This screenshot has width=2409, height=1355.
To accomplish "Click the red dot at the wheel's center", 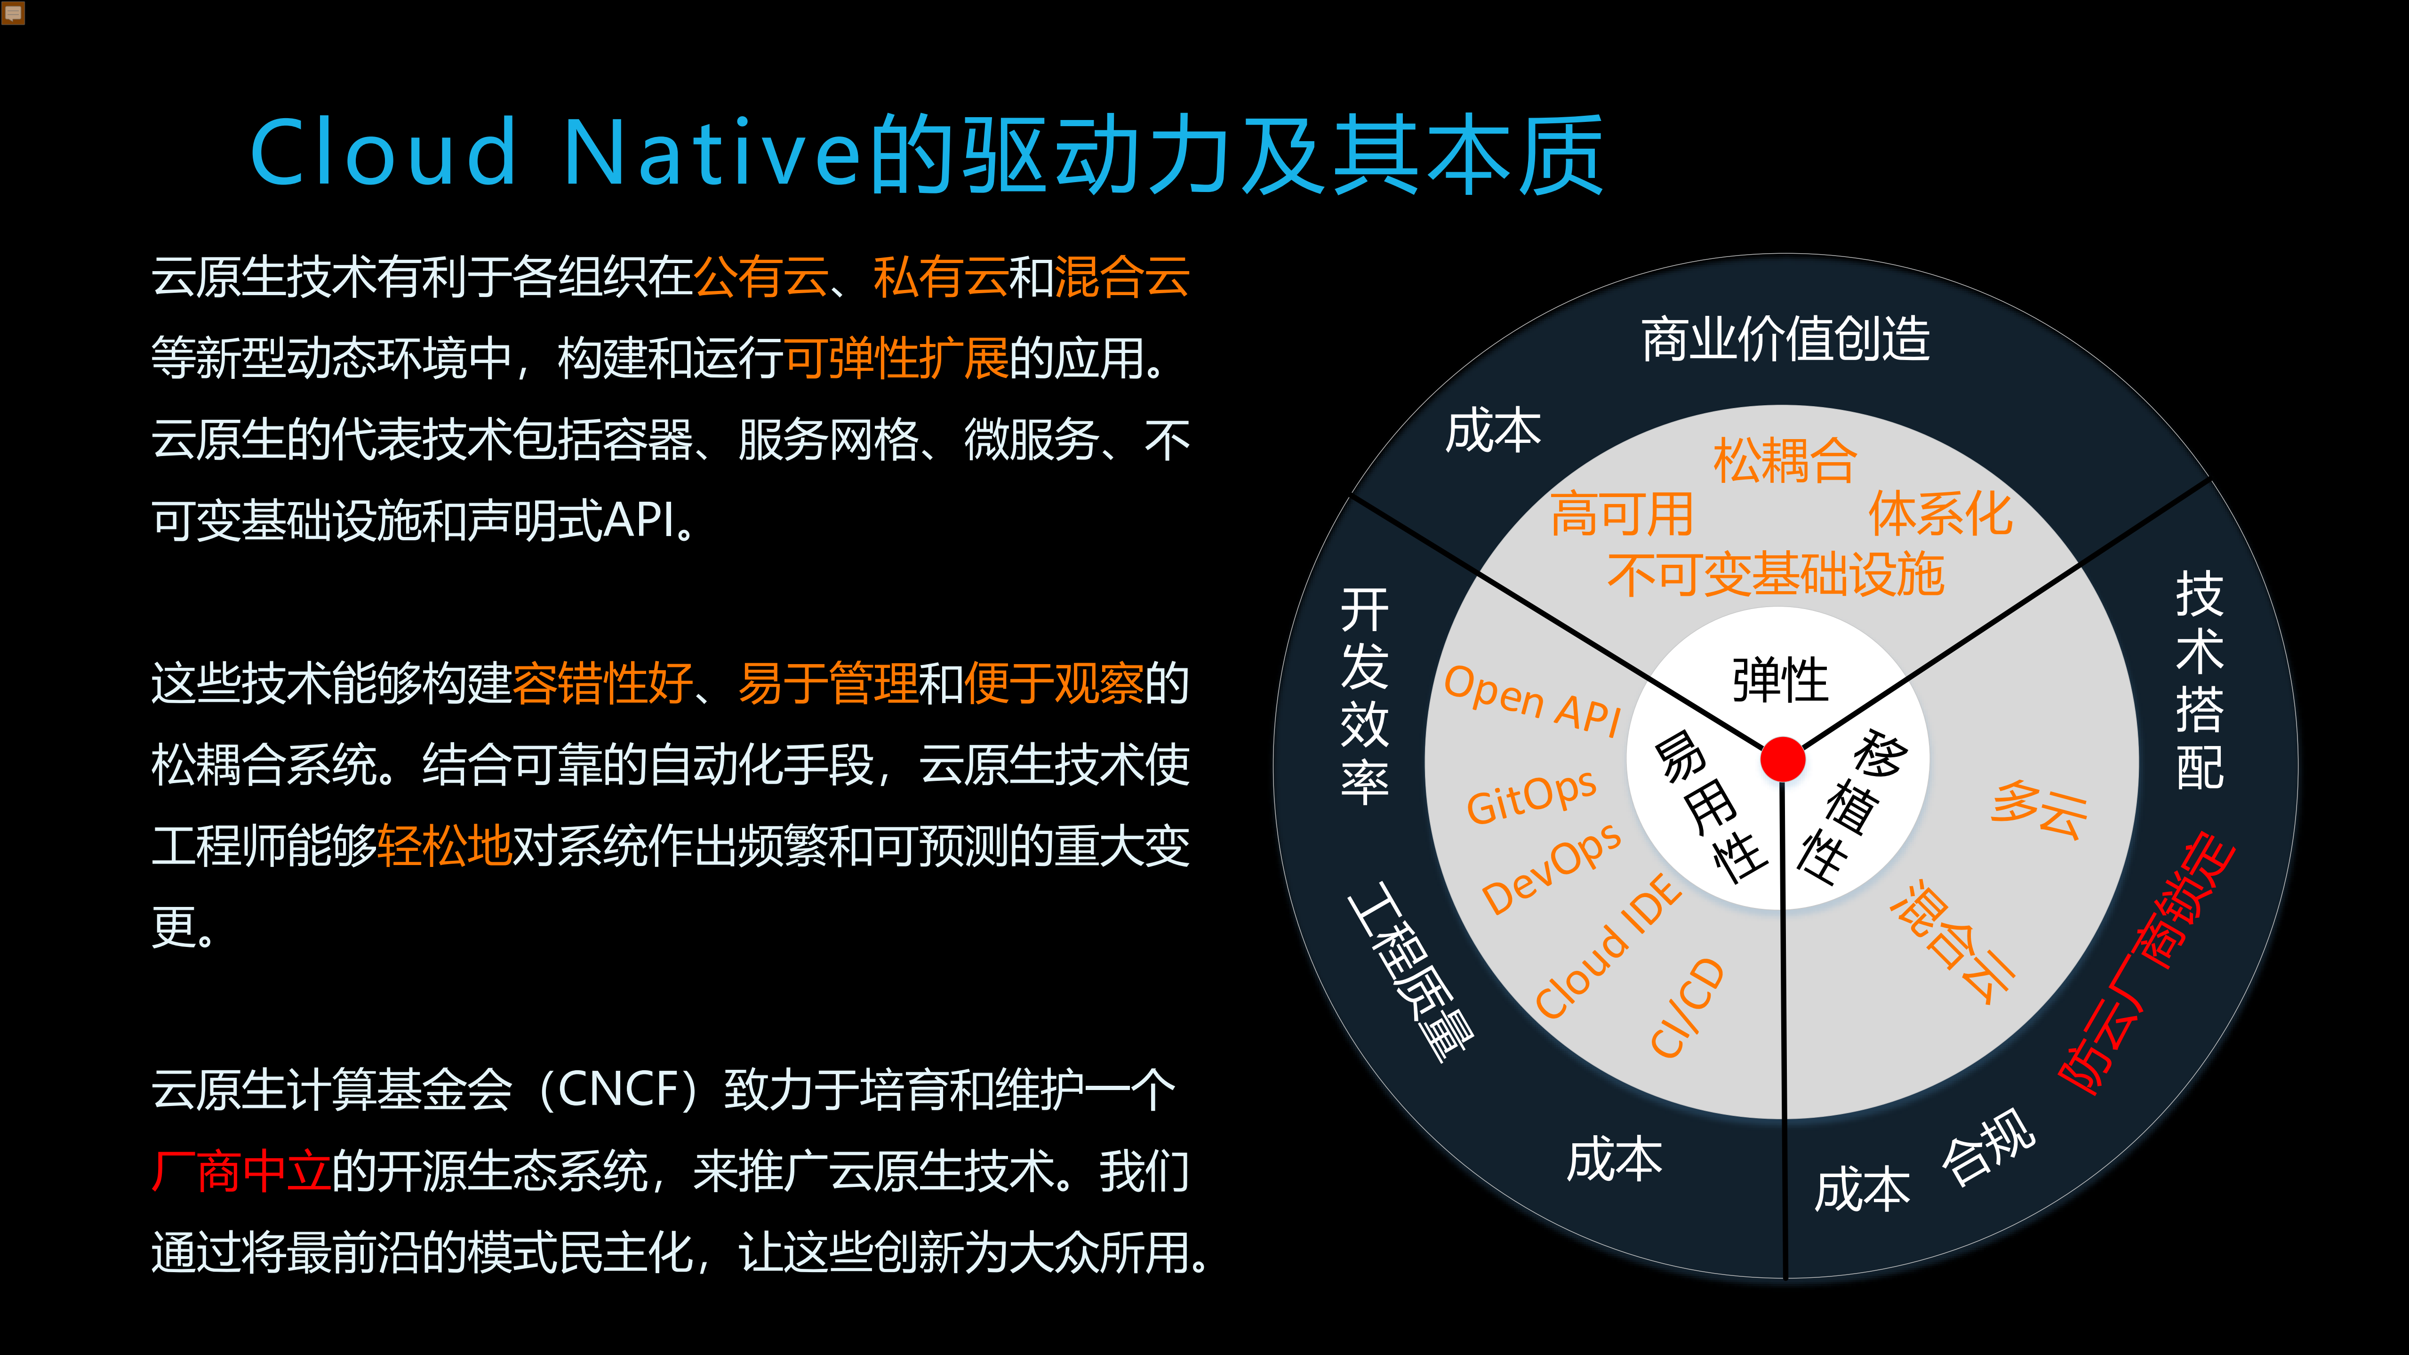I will (x=1783, y=758).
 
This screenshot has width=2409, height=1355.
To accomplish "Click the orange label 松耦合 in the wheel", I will (x=1785, y=461).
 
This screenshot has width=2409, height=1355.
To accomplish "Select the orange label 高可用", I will (x=1622, y=514).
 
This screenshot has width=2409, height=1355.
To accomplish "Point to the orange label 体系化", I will (x=1940, y=514).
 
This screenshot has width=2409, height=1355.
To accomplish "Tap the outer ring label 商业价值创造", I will (x=1785, y=338).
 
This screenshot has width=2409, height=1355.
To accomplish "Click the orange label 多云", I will (x=2039, y=810).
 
